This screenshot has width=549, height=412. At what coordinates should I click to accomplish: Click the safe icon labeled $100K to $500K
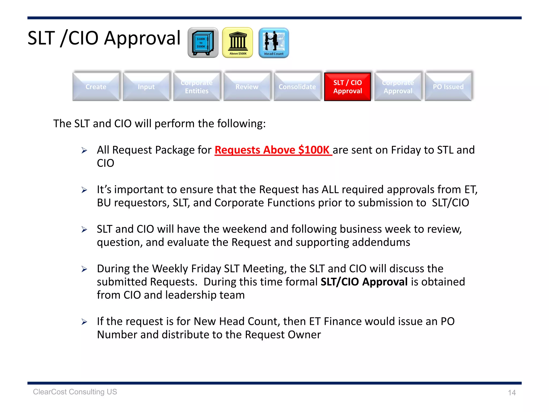click(203, 43)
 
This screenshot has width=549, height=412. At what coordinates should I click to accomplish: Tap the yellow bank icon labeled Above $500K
click(238, 43)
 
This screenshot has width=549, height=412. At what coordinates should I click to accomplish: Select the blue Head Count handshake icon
click(274, 43)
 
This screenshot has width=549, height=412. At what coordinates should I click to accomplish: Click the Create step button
click(96, 87)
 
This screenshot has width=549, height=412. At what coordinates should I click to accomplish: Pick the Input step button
click(146, 87)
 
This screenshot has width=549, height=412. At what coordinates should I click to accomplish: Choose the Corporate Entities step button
click(196, 87)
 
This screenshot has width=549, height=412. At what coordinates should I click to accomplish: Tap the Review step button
click(247, 87)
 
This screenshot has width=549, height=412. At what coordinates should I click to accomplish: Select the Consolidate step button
click(297, 87)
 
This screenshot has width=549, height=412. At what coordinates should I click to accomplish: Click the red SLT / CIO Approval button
click(347, 87)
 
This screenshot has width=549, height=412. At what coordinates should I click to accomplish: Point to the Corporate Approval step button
click(398, 87)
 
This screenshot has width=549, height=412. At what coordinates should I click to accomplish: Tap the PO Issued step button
click(448, 87)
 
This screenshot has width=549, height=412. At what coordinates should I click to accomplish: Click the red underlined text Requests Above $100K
click(273, 150)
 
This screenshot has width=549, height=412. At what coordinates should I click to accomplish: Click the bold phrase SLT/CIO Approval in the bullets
click(364, 282)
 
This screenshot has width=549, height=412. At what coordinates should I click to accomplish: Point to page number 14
click(512, 393)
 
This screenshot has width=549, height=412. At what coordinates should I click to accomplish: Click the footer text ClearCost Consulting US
click(75, 392)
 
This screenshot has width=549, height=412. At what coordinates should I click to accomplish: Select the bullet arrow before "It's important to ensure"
click(84, 190)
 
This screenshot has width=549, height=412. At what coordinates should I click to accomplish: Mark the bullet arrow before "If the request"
click(84, 322)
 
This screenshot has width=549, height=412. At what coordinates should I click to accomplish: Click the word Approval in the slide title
click(142, 38)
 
